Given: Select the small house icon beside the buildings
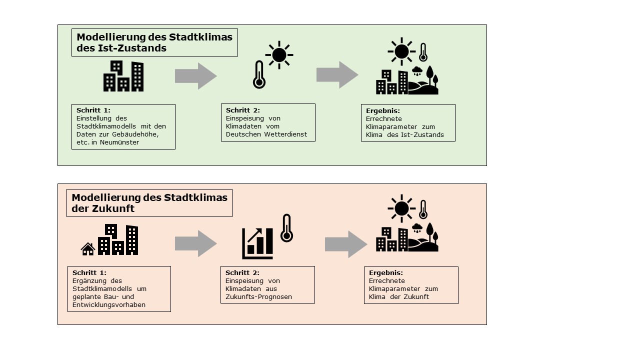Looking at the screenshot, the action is [x=88, y=249].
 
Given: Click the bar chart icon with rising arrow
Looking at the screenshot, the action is [x=257, y=243].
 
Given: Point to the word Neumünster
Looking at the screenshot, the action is [x=119, y=142].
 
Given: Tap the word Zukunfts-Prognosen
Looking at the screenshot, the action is [x=258, y=297].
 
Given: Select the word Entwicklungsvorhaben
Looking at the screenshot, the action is [x=109, y=305].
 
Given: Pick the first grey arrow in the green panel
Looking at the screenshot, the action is [x=195, y=76].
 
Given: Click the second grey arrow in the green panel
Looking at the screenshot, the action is [x=337, y=75].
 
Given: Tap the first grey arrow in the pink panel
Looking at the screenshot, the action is [x=195, y=243].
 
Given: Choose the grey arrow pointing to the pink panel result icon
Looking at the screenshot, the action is [x=346, y=244].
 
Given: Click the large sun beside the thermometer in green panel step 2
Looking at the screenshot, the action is [x=279, y=55].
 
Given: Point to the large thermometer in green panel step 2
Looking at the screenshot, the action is [x=259, y=74].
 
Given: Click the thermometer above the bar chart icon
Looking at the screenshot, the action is [x=286, y=228].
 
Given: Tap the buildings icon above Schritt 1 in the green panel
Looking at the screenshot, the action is [x=123, y=76].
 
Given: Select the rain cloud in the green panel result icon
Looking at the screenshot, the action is [x=417, y=71].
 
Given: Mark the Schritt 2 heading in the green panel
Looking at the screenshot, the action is [x=243, y=110].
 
